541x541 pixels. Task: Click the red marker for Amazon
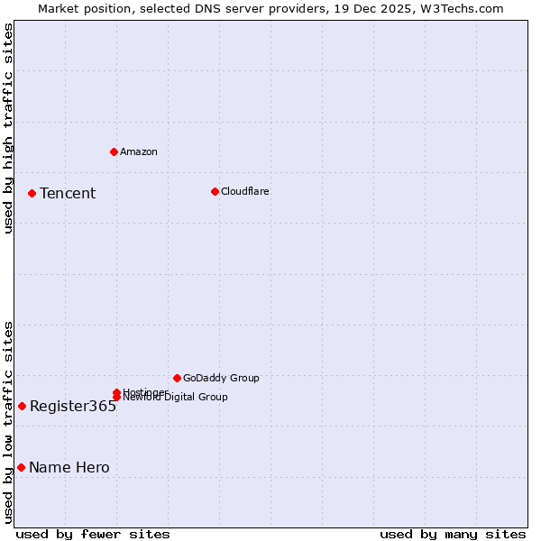(115, 151)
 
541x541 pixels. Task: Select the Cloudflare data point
(215, 191)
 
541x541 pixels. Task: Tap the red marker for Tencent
(32, 193)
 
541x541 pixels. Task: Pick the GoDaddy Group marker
(177, 378)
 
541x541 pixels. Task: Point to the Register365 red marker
(22, 406)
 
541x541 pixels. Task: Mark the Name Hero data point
(21, 467)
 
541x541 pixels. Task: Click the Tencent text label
(68, 194)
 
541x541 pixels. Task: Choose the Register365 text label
(73, 407)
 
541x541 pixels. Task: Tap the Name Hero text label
(69, 468)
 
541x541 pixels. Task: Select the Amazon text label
(139, 151)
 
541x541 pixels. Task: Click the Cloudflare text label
(245, 191)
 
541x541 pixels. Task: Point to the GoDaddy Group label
(221, 379)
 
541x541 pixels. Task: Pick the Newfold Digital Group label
(175, 398)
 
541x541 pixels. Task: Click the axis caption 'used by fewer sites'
(93, 534)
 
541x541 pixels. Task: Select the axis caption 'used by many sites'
(453, 534)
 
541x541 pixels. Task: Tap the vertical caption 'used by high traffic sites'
(8, 128)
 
